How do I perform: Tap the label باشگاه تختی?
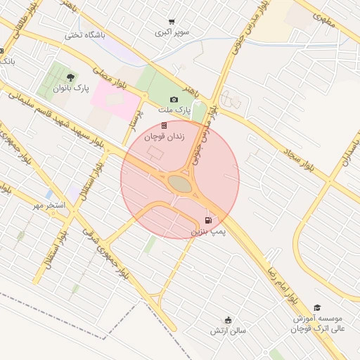(84, 34)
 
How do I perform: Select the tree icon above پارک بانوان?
(70, 77)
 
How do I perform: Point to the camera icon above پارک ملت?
(174, 100)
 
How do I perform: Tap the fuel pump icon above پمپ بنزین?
(207, 219)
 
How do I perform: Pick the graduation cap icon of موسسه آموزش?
(317, 308)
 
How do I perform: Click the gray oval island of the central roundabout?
(179, 184)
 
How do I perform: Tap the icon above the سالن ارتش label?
(228, 319)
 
